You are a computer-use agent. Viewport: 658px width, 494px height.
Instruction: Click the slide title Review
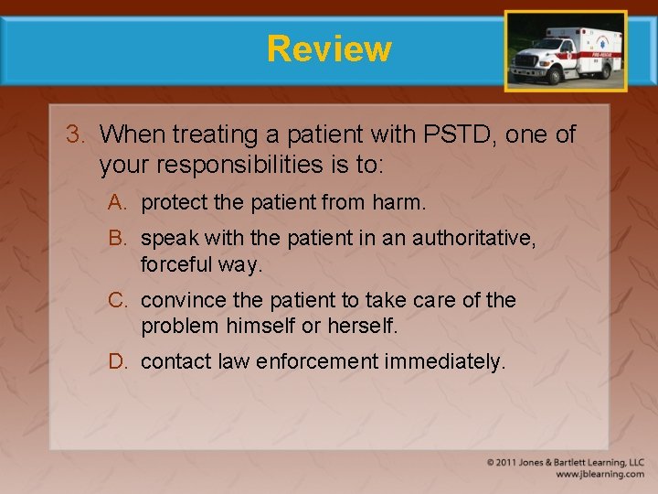pyautogui.click(x=329, y=48)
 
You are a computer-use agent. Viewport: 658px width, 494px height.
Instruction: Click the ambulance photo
pyautogui.click(x=566, y=51)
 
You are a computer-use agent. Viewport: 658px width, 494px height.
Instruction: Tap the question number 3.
pyautogui.click(x=74, y=134)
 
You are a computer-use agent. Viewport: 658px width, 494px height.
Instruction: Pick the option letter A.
pyautogui.click(x=117, y=202)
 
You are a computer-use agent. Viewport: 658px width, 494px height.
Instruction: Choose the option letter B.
pyautogui.click(x=117, y=239)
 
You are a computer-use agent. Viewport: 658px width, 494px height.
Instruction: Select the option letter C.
pyautogui.click(x=117, y=300)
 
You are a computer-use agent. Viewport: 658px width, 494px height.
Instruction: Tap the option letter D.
pyautogui.click(x=117, y=361)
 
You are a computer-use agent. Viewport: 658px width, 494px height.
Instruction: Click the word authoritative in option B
pyautogui.click(x=472, y=239)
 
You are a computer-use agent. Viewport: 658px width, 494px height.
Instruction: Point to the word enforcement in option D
pyautogui.click(x=317, y=361)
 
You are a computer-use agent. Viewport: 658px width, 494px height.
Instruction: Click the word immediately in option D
pyautogui.click(x=444, y=361)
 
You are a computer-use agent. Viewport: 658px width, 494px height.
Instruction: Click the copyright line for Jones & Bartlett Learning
pyautogui.click(x=565, y=463)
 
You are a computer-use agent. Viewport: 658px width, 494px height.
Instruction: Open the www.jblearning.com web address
pyautogui.click(x=599, y=475)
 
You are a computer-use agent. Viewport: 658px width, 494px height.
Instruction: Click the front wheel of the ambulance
pyautogui.click(x=527, y=77)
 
